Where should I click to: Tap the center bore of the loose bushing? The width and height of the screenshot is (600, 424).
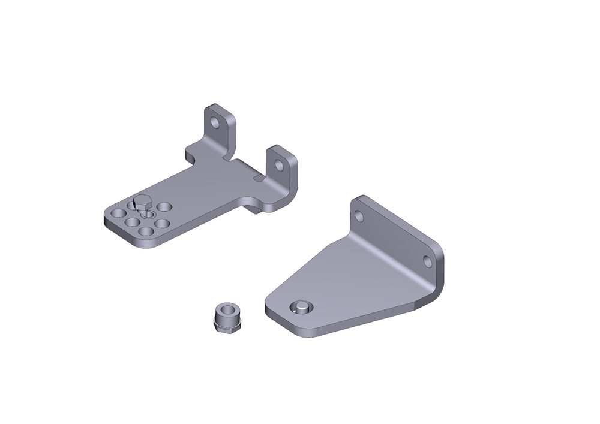tap(227, 310)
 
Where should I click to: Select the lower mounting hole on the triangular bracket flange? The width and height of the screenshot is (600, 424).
tap(428, 261)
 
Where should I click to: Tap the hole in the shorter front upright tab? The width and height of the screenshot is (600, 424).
tap(278, 164)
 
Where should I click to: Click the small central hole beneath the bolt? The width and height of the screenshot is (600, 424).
tap(147, 213)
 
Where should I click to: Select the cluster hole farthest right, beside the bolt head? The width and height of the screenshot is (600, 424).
tap(164, 206)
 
